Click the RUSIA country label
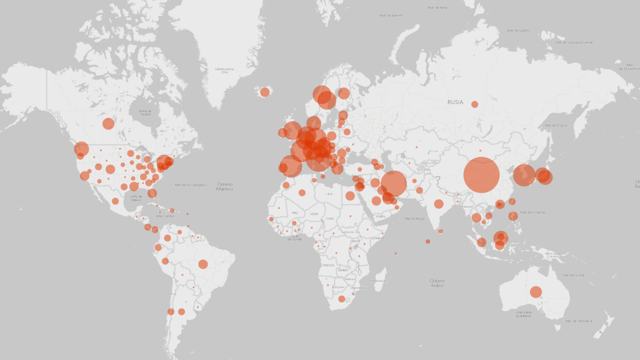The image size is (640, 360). [x=455, y=102]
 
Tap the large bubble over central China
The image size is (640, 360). [x=481, y=175]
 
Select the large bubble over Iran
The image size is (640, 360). [x=394, y=183]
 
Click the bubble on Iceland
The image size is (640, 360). [x=265, y=92]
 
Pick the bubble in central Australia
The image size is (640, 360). [x=536, y=292]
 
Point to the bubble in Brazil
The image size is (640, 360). [x=203, y=264]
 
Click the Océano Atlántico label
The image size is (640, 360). [x=224, y=186]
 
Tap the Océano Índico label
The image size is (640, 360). [x=437, y=283]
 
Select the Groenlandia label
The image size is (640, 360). [x=224, y=70]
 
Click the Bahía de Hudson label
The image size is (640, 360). [x=145, y=112]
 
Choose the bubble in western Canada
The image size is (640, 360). [x=108, y=123]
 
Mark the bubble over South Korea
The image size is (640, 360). [x=524, y=175]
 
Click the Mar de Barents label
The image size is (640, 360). [x=392, y=15]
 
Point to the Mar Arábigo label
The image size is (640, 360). [x=415, y=219]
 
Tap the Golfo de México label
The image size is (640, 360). [x=136, y=198]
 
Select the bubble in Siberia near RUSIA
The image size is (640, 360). [x=475, y=104]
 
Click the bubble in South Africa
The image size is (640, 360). [x=341, y=299]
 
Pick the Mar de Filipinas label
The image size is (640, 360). [x=533, y=212]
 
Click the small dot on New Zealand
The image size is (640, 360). [x=600, y=332]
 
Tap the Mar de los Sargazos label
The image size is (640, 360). [x=191, y=185]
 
